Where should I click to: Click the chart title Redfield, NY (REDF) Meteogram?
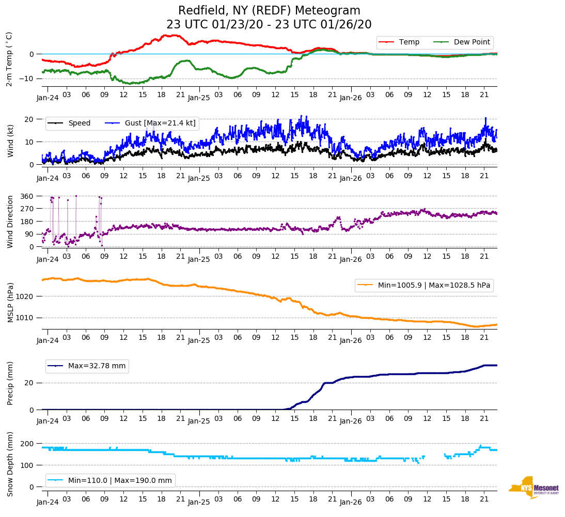pos(269,11)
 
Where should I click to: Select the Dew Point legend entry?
pos(472,42)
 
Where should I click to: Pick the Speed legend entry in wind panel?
pos(79,123)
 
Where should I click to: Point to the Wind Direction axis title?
pos(10,221)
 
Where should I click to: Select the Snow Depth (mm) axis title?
pos(10,463)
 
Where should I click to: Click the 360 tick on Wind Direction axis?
pos(27,196)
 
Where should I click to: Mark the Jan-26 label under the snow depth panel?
pos(350,502)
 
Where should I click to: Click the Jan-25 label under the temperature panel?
pos(199,97)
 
